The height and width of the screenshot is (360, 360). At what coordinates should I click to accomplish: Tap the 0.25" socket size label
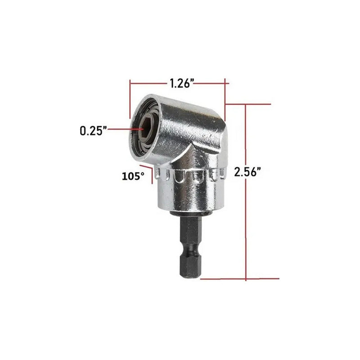click(93, 130)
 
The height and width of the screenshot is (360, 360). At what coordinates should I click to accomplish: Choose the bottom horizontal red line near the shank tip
click(238, 279)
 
